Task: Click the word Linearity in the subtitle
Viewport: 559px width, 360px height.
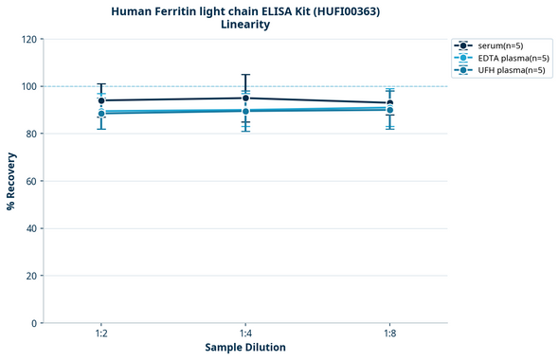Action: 245,25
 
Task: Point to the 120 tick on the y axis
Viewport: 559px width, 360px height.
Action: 28,39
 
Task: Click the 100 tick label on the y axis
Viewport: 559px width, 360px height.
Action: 28,86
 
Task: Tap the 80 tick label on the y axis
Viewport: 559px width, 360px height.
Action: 31,134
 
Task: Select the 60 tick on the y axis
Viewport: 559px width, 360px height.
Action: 31,181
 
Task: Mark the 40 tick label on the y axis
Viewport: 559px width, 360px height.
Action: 31,228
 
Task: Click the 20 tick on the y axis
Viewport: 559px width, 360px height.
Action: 31,276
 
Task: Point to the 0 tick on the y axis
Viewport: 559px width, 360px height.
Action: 34,323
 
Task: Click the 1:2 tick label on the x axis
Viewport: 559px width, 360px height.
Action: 101,334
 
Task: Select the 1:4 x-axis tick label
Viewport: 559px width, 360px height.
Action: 245,334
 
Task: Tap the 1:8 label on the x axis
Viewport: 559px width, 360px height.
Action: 389,334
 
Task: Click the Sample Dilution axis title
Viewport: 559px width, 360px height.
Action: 245,348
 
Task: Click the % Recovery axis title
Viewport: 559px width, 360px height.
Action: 11,181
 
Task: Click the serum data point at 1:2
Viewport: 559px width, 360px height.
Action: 101,100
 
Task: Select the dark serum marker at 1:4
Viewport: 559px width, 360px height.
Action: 245,98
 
